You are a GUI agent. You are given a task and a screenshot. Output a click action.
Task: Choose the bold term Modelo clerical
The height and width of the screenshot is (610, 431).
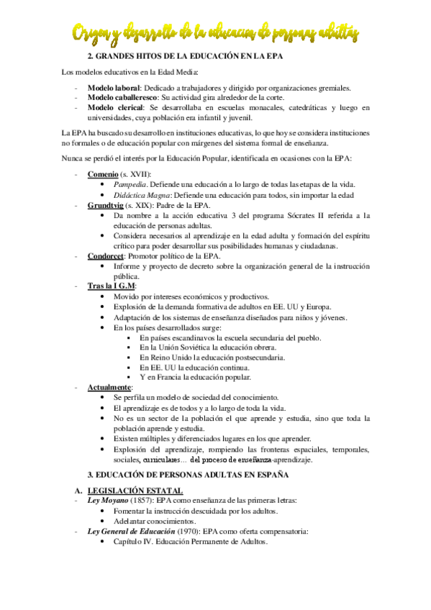coord(113,108)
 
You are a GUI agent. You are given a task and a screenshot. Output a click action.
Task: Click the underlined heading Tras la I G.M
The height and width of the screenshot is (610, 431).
coord(111,286)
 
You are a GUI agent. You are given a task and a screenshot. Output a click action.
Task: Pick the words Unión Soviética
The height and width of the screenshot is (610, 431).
coord(181,347)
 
